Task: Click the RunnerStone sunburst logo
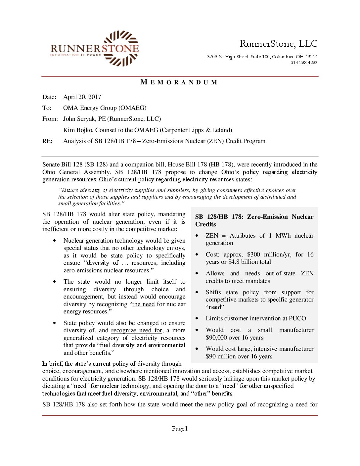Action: (120, 48)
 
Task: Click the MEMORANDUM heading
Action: (179, 82)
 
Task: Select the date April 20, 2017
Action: (82, 97)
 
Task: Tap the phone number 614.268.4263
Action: (304, 63)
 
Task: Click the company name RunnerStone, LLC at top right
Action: (278, 44)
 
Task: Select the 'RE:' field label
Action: (47, 141)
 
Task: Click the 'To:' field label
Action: (47, 108)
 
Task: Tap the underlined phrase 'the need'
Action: (143, 304)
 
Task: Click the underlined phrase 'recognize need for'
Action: (137, 330)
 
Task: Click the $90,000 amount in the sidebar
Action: (218, 338)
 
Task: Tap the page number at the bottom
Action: (180, 429)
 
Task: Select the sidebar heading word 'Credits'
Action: (205, 224)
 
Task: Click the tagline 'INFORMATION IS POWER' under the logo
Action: (75, 55)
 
